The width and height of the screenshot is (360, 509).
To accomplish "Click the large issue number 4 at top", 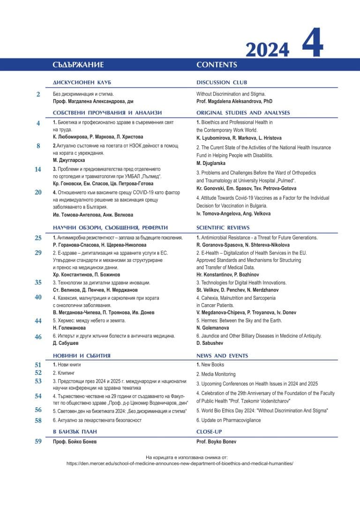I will click(312, 43).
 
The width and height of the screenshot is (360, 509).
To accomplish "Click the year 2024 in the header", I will click(267, 49).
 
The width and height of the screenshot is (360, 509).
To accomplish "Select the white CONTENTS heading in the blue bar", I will click(217, 65).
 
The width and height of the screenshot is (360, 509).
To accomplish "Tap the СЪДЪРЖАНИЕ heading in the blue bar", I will click(78, 65).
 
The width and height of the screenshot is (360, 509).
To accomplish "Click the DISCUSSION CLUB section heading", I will click(222, 82).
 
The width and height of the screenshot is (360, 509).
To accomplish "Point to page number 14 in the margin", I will click(38, 170).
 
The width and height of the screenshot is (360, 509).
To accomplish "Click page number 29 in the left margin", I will click(38, 253).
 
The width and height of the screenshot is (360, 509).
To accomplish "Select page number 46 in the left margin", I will click(38, 337).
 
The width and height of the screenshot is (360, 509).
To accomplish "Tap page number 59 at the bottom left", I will click(38, 441).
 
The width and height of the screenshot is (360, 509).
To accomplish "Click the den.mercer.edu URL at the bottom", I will click(180, 463).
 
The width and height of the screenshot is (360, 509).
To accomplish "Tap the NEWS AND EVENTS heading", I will click(222, 356).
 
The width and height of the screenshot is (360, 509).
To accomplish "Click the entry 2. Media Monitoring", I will click(216, 374).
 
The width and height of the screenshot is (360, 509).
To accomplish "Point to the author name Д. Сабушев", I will click(66, 343).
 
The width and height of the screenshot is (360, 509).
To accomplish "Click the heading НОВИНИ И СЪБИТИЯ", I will click(82, 356).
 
